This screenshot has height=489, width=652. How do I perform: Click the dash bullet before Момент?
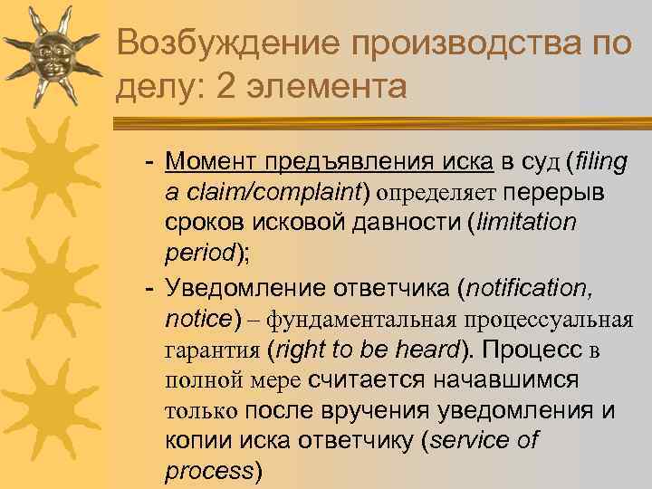149,164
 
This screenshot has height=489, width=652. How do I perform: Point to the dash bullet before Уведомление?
149,289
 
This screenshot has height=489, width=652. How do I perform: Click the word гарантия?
213,350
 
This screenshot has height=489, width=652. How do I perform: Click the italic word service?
475,441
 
